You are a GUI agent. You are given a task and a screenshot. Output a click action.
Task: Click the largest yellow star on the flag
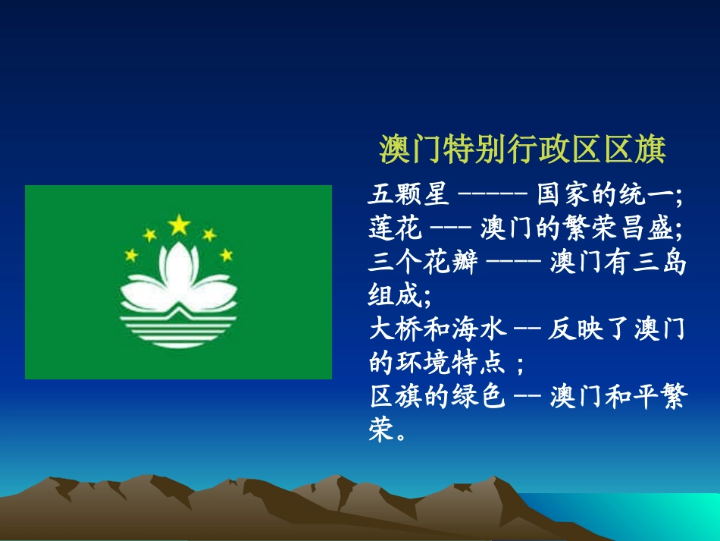tap(179, 225)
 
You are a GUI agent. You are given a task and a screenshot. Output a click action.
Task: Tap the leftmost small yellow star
tap(132, 255)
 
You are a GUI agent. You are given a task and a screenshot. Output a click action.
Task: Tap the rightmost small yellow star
tap(227, 255)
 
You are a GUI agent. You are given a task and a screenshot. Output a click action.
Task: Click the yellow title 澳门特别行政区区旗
tap(522, 149)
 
